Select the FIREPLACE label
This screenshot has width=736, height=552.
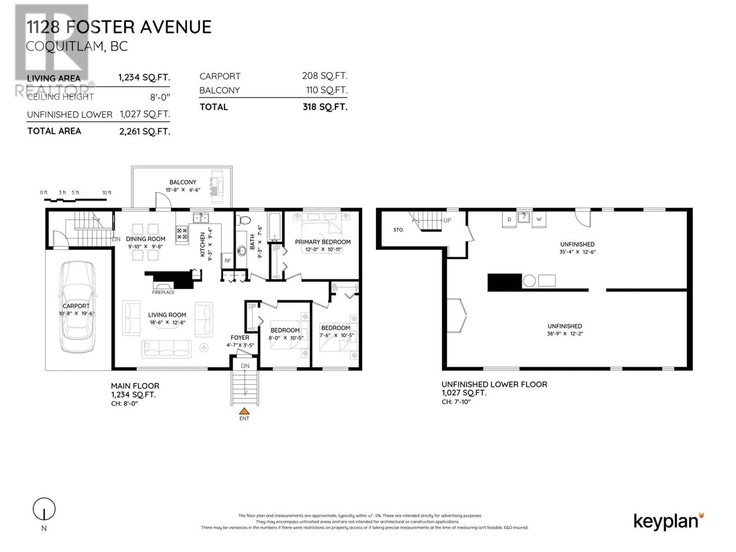click(163, 292)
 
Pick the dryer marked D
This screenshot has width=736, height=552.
click(509, 220)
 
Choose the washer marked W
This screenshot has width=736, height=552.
click(539, 220)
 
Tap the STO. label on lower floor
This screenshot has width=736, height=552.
click(398, 230)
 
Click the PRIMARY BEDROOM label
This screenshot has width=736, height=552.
click(323, 242)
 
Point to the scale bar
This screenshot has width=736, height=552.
click(76, 200)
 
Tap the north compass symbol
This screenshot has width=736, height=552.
click(44, 509)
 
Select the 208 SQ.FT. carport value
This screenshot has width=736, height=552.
click(325, 76)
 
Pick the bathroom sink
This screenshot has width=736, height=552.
click(242, 251)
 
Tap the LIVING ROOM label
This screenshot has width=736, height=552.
click(167, 315)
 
